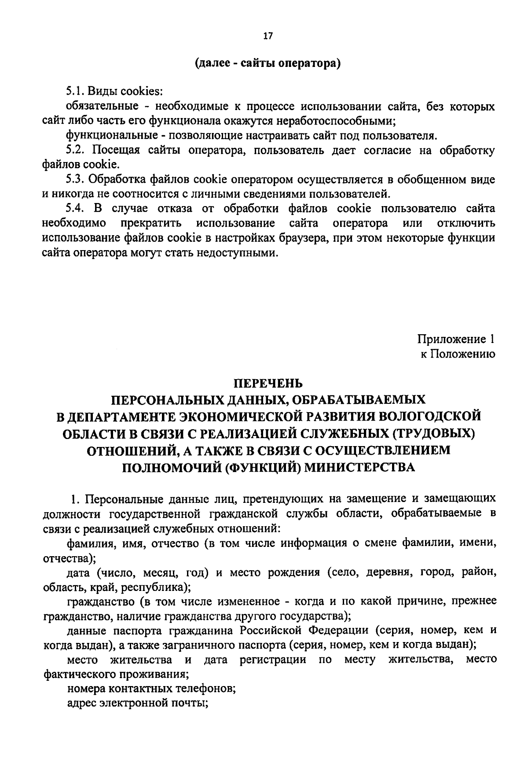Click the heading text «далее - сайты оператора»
click(x=268, y=63)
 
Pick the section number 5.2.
click(x=75, y=150)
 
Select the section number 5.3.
click(x=75, y=179)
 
